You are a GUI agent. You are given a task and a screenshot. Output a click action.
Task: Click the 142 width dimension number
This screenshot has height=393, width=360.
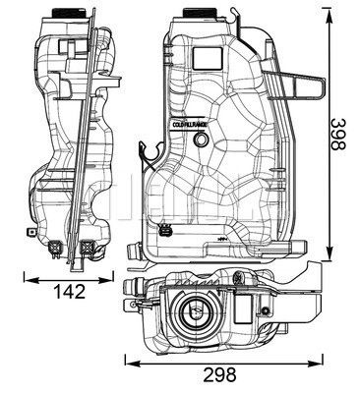pos(68,292)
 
